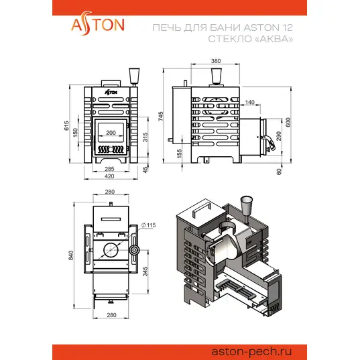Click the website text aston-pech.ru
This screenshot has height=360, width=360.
[x=251, y=351]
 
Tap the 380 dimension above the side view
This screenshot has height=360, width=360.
[x=216, y=61]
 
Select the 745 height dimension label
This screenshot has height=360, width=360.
[x=160, y=116]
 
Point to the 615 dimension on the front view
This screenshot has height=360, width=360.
[x=66, y=125]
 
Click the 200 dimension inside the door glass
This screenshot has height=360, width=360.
[x=111, y=133]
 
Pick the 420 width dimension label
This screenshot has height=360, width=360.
[x=109, y=176]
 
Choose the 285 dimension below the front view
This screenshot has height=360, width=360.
[x=109, y=169]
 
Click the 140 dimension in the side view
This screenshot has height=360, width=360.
[x=249, y=102]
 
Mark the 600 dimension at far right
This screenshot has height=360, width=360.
[x=288, y=122]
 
